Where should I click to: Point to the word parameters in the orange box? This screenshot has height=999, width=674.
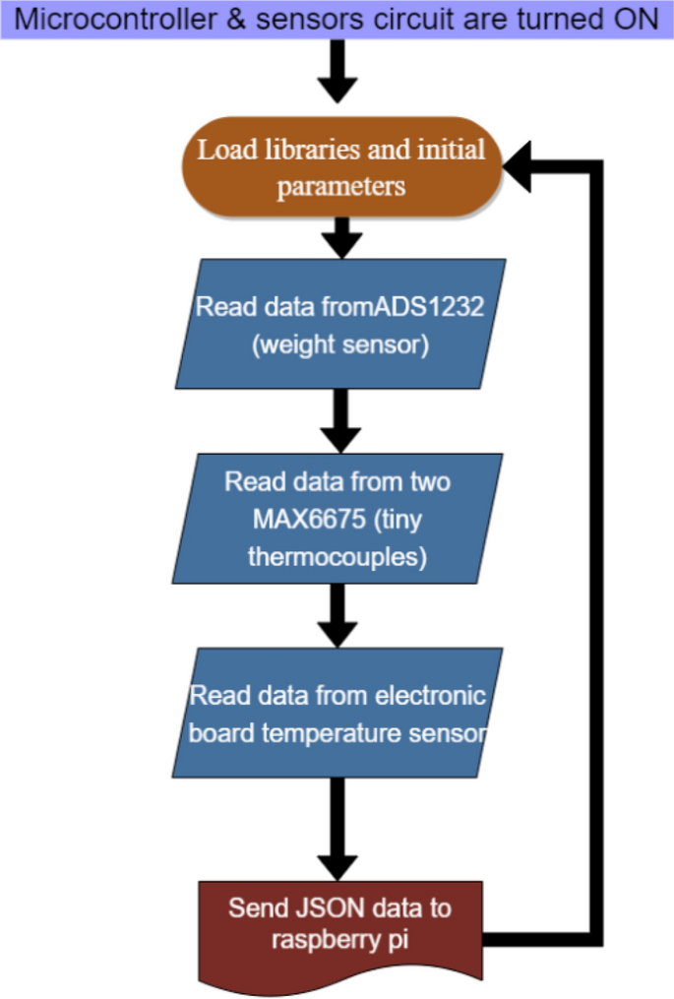(340, 186)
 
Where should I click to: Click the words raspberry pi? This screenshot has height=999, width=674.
(340, 940)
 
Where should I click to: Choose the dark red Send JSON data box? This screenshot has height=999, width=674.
(340, 930)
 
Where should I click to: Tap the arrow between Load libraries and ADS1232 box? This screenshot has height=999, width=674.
(341, 236)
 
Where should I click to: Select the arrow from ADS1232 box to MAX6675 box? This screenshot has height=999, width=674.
(340, 419)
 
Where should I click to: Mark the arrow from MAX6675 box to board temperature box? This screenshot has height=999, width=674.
(337, 614)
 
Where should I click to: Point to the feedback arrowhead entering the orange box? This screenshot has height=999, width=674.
(520, 168)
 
